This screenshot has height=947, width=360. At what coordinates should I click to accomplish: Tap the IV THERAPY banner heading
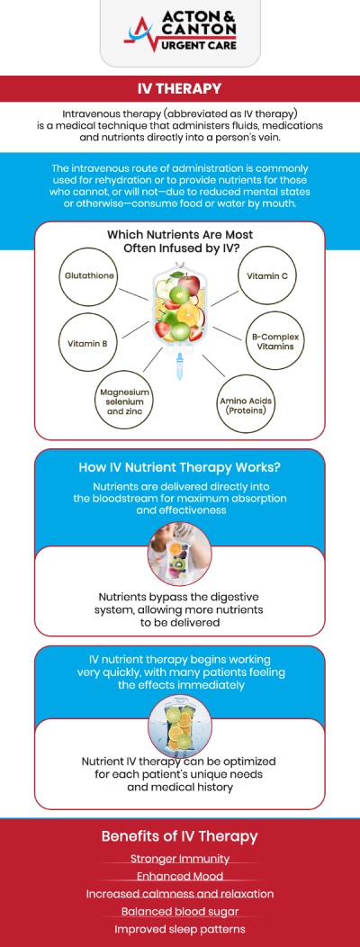click(179, 89)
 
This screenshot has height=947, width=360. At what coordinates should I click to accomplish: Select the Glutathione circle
click(89, 276)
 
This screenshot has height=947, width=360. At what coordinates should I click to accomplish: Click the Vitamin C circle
click(267, 276)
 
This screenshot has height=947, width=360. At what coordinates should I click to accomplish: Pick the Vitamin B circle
click(87, 344)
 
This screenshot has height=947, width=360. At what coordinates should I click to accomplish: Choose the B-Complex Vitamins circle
click(274, 341)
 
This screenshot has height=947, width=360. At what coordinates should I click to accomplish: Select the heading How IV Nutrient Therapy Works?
click(179, 467)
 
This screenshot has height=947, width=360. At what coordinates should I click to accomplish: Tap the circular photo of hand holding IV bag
click(179, 555)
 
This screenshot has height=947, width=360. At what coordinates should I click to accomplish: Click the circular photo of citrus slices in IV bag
click(179, 726)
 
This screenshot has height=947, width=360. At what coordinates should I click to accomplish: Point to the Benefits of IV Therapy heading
click(179, 836)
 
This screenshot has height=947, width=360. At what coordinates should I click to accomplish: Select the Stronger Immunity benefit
click(179, 858)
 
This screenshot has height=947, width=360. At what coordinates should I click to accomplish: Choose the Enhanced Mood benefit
click(179, 876)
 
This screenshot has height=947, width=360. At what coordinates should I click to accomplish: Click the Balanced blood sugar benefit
click(179, 911)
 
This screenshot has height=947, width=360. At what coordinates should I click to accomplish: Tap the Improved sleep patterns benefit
click(179, 929)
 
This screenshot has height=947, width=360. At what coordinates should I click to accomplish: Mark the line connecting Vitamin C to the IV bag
click(225, 297)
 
